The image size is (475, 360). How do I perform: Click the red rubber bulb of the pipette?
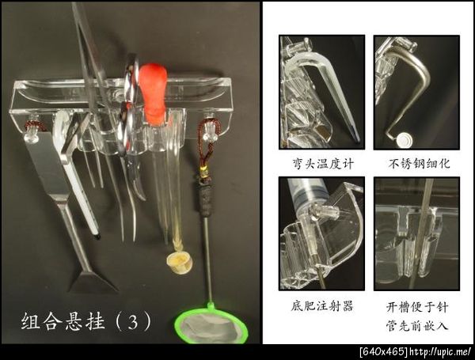click(154, 91)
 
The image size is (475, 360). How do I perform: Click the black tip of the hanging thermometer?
click(97, 237)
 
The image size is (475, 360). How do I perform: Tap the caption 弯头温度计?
click(323, 164)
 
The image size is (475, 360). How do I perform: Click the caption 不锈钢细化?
click(419, 164)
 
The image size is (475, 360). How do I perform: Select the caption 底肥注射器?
click(322, 306)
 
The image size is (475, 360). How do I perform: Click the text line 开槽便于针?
click(417, 307)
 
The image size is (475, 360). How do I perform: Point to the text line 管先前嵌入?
click(417, 325)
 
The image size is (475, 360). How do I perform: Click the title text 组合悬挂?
click(63, 321)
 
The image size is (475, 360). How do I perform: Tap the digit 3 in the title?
click(133, 322)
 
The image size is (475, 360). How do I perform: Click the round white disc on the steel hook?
click(404, 140)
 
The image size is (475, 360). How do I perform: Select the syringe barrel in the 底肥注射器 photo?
click(306, 194)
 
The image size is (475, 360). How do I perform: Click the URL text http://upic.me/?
click(440, 352)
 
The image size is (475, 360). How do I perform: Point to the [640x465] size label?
click(384, 352)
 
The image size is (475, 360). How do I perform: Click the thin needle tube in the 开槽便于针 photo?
click(420, 233)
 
